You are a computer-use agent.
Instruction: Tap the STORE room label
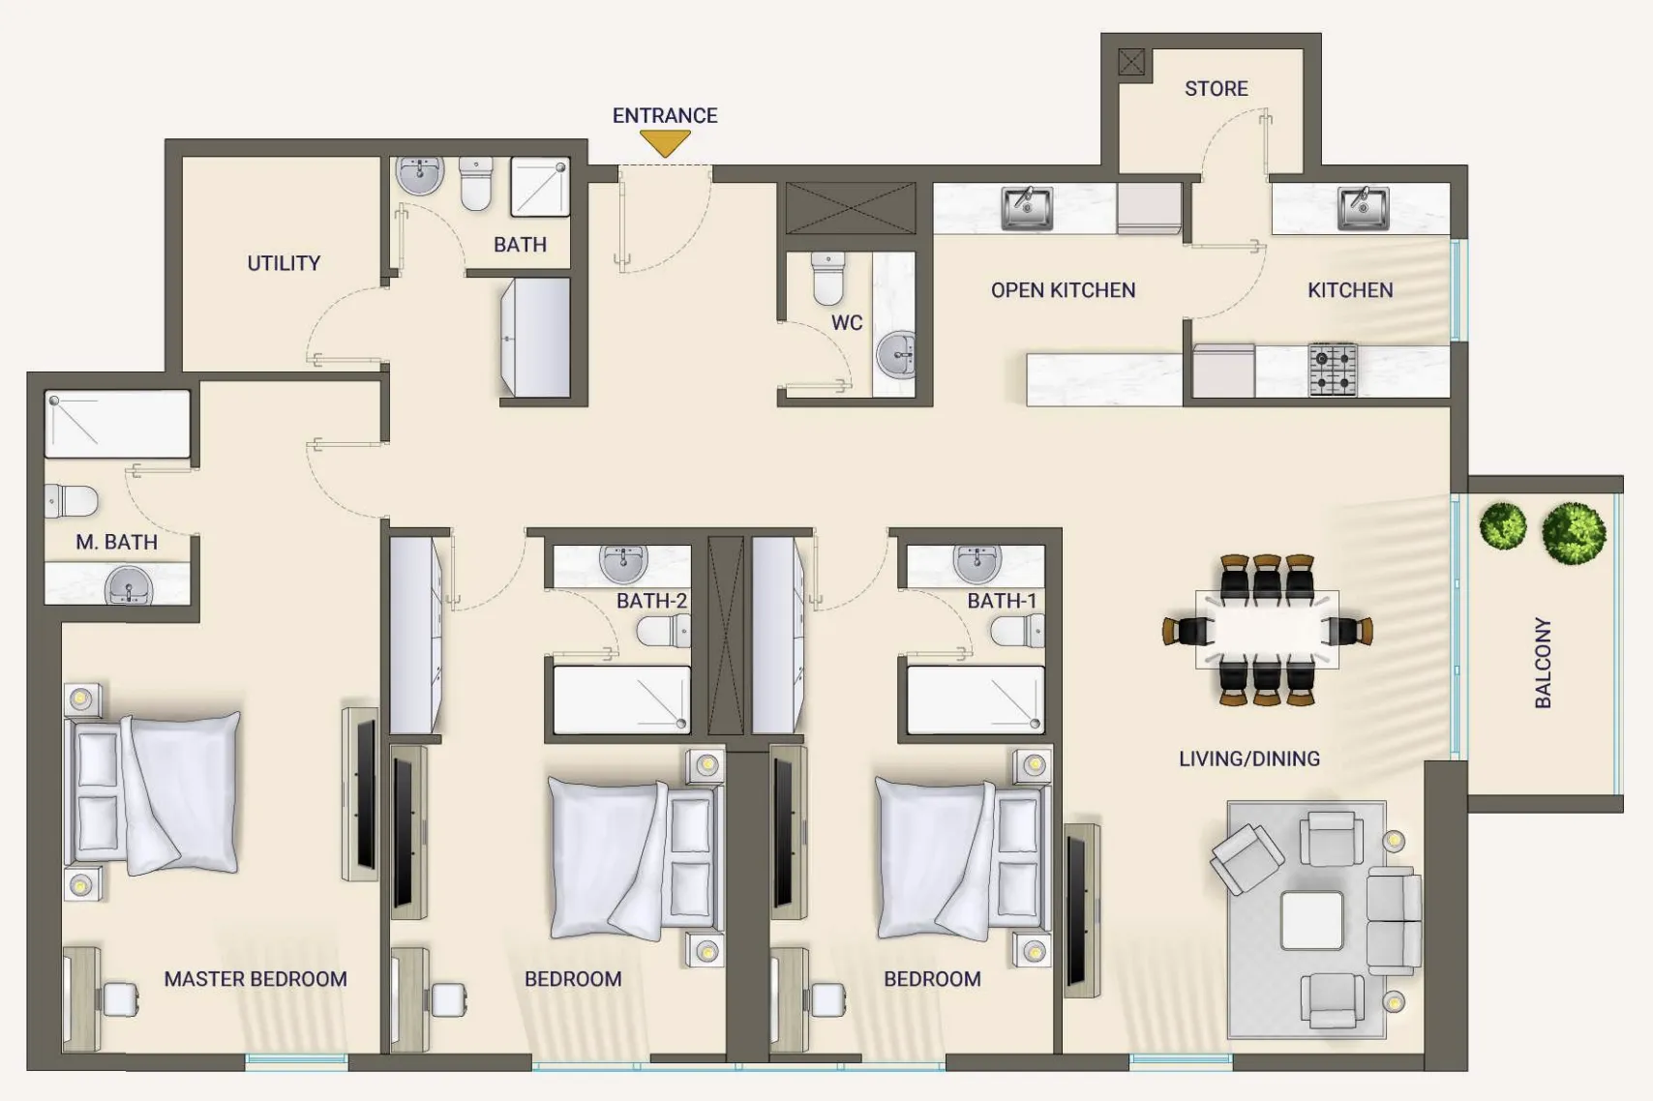1217,89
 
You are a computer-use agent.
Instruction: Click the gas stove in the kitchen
1333,369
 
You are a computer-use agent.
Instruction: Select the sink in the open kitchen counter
1027,208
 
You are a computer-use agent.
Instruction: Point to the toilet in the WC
827,279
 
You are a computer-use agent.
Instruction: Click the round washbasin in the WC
896,354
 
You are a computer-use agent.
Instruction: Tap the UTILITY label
284,263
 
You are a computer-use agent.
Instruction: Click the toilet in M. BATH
71,500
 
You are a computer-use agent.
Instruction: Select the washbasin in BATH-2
623,564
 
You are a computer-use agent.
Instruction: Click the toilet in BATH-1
1017,632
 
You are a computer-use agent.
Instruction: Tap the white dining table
1267,630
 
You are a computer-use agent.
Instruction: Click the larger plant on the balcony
1574,533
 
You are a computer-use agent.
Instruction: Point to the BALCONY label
1543,663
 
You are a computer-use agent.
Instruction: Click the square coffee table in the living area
1311,920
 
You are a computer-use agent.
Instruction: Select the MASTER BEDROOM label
255,979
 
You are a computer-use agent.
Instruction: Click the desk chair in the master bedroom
120,999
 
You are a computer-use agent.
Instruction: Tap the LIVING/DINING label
1249,759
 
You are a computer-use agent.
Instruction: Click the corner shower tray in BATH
540,187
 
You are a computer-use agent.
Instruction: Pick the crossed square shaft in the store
1130,62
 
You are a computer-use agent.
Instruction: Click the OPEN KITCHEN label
1063,291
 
